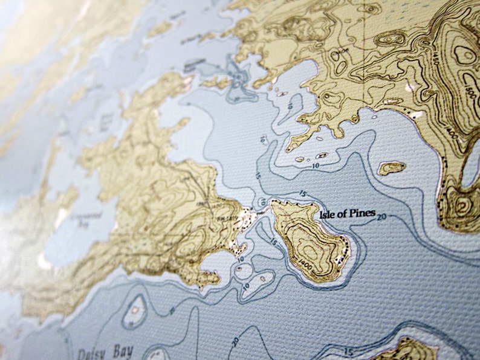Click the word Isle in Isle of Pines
click(328, 214)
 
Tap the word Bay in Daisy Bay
click(122, 353)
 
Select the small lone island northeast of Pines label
click(391, 167)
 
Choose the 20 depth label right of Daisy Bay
click(235, 341)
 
